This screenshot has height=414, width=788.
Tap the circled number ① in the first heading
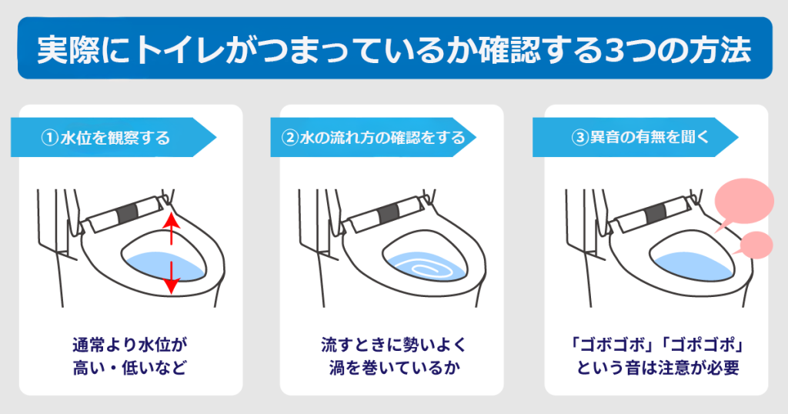(48, 139)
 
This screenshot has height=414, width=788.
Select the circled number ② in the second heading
(290, 139)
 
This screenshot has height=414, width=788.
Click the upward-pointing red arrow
(171, 229)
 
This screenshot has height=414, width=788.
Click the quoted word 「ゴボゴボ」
(610, 344)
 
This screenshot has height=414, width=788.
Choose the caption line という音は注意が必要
(656, 367)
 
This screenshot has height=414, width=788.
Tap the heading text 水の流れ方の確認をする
(382, 139)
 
